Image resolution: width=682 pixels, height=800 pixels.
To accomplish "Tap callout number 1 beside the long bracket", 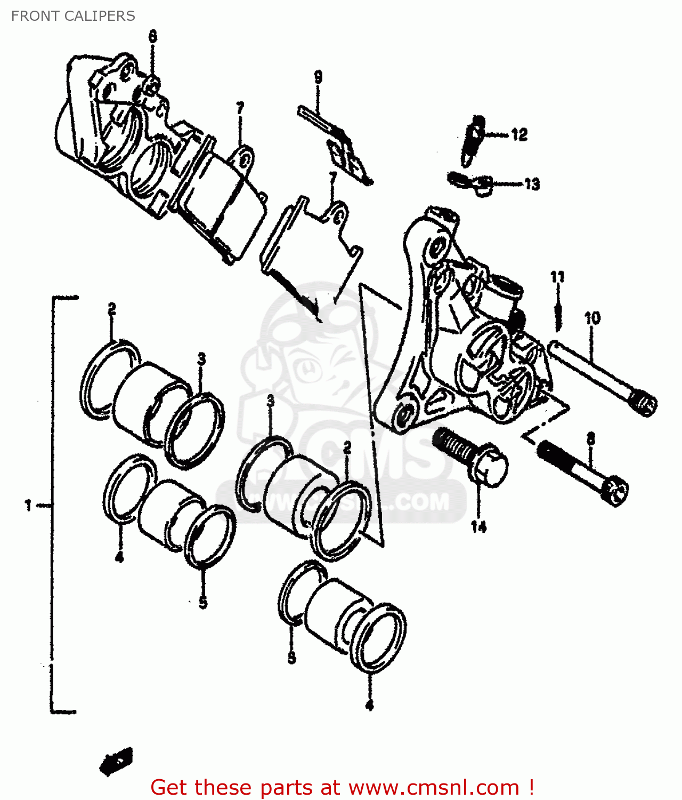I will click(x=28, y=505).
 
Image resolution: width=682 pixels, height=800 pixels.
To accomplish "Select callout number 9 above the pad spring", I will click(x=318, y=77).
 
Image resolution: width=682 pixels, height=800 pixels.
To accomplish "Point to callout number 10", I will click(x=592, y=318).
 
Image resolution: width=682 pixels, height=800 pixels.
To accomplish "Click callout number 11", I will click(x=557, y=277).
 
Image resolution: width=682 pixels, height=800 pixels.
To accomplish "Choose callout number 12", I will click(x=519, y=134).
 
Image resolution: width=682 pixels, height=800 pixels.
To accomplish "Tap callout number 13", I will click(x=532, y=184).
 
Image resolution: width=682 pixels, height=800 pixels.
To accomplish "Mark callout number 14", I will click(x=478, y=527).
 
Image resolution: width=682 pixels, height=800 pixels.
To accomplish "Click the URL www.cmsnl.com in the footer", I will click(x=434, y=787).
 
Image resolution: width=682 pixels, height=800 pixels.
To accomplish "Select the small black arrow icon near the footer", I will click(x=116, y=761).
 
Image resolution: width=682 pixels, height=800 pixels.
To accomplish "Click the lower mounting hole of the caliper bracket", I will click(x=405, y=413).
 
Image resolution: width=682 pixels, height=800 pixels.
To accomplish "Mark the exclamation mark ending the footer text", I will click(x=531, y=787).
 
